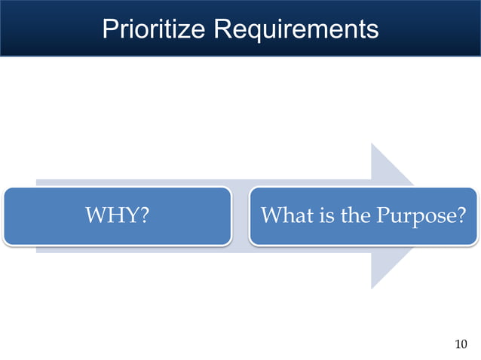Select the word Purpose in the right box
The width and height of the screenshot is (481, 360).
click(414, 217)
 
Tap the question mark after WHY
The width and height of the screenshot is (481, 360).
click(141, 216)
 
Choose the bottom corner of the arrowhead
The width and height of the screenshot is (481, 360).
click(372, 288)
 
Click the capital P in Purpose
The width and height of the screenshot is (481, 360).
click(373, 216)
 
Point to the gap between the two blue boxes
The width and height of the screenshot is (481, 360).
click(240, 216)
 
